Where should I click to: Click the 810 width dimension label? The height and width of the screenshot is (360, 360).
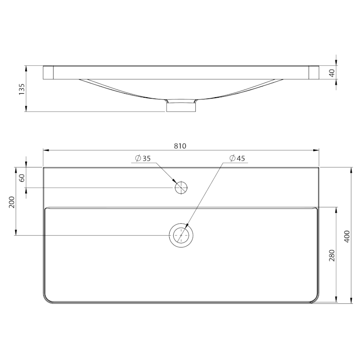(x=180, y=146)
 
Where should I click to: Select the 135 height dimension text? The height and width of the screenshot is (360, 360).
(x=22, y=89)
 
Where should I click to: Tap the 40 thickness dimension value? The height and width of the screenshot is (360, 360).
(x=332, y=73)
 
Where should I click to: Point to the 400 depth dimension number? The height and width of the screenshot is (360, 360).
(x=347, y=236)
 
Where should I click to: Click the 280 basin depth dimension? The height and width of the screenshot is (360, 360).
(x=332, y=255)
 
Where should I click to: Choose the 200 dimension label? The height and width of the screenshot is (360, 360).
(x=12, y=202)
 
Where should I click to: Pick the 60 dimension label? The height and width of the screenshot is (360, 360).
(x=22, y=178)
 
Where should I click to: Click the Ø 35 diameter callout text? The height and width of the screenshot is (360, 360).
(x=143, y=158)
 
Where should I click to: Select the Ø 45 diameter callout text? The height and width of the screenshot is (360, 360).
(x=237, y=158)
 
